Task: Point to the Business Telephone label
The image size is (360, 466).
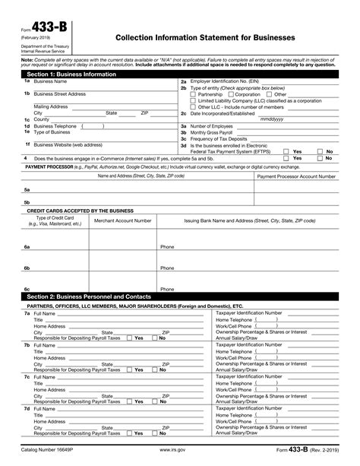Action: tap(54, 126)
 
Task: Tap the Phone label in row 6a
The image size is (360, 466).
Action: tap(167, 247)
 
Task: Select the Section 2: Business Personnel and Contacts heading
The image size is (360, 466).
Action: tap(87, 296)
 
